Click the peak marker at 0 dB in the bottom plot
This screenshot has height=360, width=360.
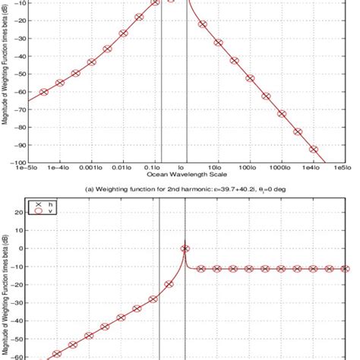click(185, 248)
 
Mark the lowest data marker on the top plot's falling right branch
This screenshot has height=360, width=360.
click(313, 150)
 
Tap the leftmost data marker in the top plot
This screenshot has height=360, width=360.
click(44, 92)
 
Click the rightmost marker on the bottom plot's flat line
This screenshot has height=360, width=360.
click(345, 269)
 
